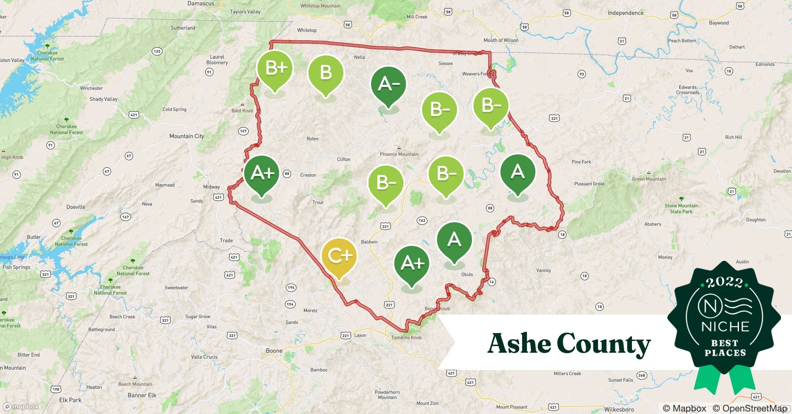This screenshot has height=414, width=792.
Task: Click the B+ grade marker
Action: tap(275, 69)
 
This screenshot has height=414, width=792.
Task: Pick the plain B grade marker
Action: tap(326, 73)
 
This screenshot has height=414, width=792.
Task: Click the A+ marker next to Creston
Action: tap(262, 173)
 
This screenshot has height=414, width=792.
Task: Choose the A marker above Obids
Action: tap(454, 240)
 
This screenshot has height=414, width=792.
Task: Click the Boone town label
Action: tap(274, 351)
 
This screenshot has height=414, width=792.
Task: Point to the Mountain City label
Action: tap(187, 136)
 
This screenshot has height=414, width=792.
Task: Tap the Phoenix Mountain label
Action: tap(399, 154)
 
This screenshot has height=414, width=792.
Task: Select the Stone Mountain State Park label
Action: tap(681, 208)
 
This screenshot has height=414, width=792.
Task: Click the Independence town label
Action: tap(625, 13)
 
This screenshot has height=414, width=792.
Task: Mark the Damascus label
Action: tap(201, 4)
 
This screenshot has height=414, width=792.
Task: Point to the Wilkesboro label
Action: tap(619, 409)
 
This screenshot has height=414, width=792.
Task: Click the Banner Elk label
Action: tap(142, 395)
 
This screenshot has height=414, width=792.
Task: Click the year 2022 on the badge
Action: tap(725, 283)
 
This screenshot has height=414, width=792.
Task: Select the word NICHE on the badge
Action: tap(725, 326)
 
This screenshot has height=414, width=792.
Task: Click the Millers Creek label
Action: tap(567, 373)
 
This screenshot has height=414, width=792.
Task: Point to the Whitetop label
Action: tap(306, 30)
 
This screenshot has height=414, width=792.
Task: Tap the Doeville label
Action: tap(76, 207)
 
